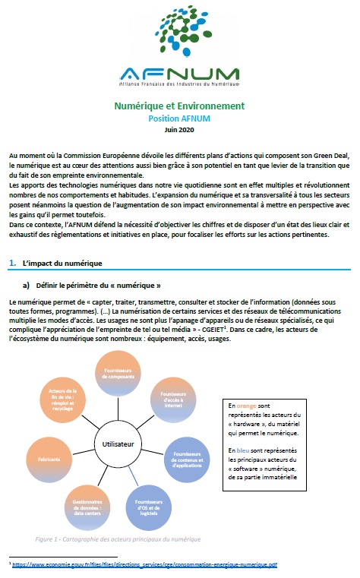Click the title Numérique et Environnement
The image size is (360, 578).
coord(180,106)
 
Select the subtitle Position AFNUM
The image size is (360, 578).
coord(180,118)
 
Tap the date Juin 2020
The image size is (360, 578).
coord(180,129)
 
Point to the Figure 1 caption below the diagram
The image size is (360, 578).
coord(118,539)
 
